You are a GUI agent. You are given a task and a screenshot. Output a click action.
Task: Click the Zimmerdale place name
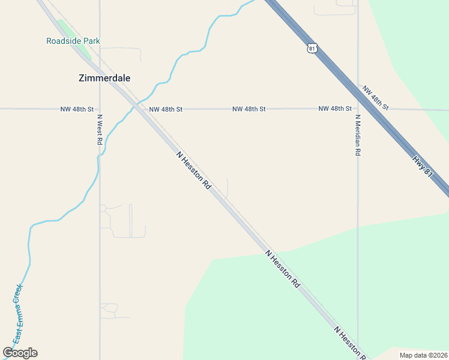pyautogui.click(x=104, y=78)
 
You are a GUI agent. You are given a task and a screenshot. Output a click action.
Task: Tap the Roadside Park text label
pyautogui.click(x=73, y=41)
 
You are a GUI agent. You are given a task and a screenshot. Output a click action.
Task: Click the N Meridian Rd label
pyautogui.click(x=357, y=135)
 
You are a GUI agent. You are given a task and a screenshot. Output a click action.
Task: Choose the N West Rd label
pyautogui.click(x=100, y=130)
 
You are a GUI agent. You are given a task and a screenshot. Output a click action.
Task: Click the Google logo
pyautogui.click(x=20, y=353)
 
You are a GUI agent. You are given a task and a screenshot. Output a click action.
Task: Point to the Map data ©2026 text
pyautogui.click(x=423, y=355)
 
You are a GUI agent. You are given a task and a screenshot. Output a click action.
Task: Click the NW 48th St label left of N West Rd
pyautogui.click(x=77, y=109)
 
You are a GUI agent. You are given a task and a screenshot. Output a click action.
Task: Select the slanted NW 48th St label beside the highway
pyautogui.click(x=376, y=98)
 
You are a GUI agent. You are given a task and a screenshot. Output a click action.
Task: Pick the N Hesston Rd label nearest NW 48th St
pyautogui.click(x=194, y=170)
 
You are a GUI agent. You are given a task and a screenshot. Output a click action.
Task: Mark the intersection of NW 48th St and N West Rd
pyautogui.click(x=100, y=109)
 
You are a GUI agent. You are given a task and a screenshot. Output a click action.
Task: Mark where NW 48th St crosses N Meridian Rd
pyautogui.click(x=358, y=109)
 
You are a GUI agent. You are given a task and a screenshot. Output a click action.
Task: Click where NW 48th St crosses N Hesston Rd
pyautogui.click(x=139, y=109)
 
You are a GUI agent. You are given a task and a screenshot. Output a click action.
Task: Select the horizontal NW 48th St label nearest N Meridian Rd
pyautogui.click(x=335, y=109)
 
